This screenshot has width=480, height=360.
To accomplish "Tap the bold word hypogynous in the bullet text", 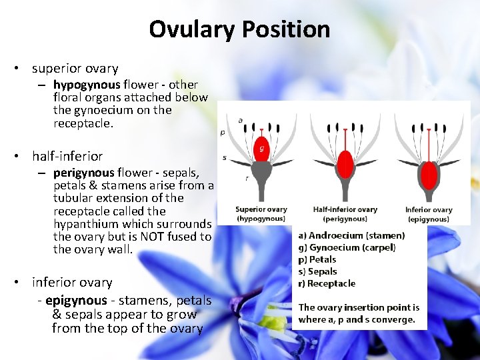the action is (x=87, y=85).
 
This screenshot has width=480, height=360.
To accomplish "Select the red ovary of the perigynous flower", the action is (x=345, y=165).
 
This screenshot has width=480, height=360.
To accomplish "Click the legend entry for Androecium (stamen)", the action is (x=351, y=235).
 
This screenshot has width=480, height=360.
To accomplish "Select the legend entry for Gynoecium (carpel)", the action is (x=347, y=247).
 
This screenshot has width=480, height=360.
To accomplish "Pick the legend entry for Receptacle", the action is (x=327, y=283).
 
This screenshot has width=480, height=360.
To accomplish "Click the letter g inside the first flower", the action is (x=262, y=148).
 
